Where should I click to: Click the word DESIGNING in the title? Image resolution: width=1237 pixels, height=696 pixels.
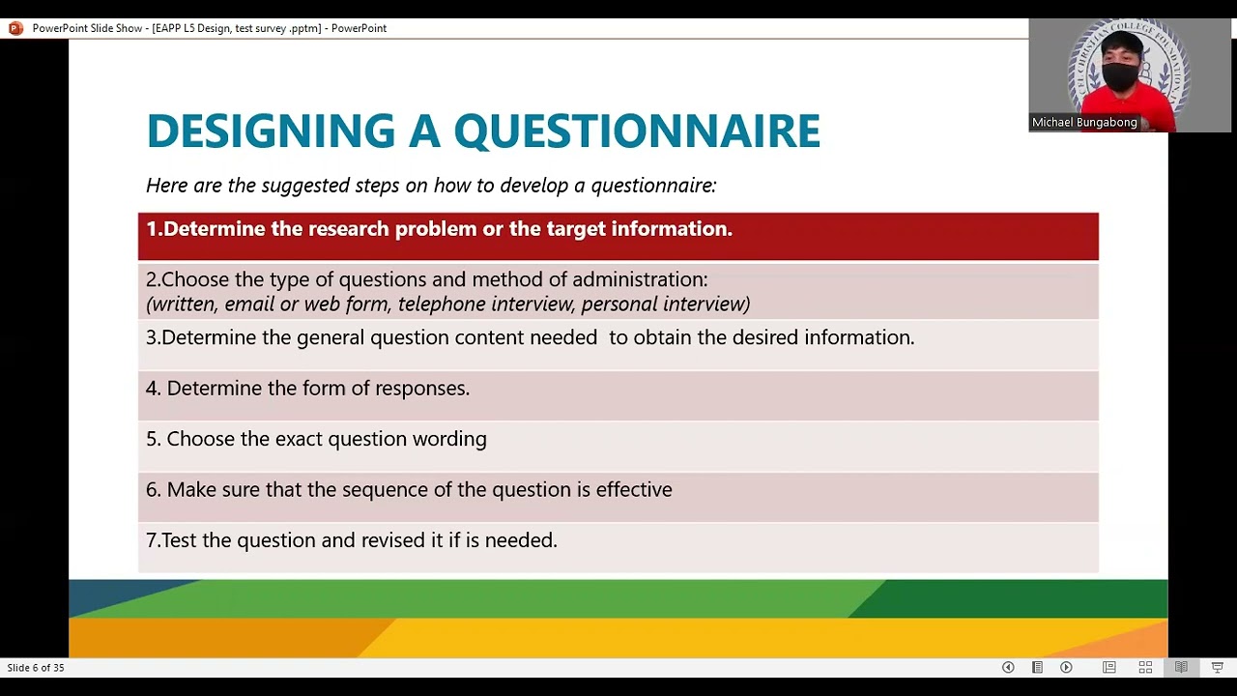[271, 131]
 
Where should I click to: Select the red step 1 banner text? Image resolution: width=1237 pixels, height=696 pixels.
[439, 229]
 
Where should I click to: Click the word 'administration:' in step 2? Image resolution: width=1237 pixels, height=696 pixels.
[640, 279]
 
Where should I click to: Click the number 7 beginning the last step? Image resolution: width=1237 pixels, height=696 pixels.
[151, 540]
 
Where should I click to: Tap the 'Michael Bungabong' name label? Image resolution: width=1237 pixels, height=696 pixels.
[1084, 123]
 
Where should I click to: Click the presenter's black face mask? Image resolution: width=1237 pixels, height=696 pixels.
[1120, 77]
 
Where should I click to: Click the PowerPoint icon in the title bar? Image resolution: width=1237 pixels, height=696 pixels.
[15, 28]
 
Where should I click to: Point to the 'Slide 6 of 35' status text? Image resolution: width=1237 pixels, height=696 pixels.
[36, 668]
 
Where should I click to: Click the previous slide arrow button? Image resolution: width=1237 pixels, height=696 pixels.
[1008, 667]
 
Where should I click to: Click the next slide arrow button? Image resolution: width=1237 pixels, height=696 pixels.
[1066, 667]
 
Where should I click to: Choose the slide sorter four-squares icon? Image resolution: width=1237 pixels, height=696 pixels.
[1145, 667]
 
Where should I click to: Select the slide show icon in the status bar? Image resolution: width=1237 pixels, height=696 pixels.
[1217, 667]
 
